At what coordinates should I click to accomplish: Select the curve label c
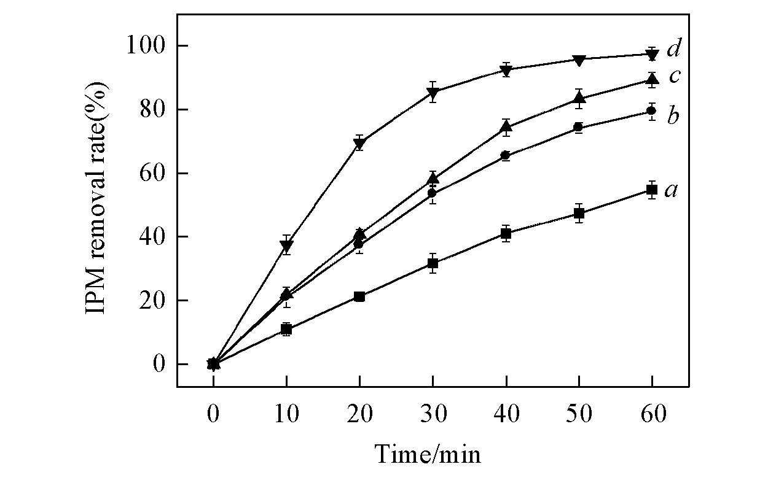coord(673,77)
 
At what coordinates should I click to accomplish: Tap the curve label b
coord(673,115)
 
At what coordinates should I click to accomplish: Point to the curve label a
coord(672,190)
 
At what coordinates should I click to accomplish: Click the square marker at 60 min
coord(652,190)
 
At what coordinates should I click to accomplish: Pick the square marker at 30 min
coord(433,263)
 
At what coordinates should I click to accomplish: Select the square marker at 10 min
coord(286,330)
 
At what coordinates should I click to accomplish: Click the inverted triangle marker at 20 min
coord(359,144)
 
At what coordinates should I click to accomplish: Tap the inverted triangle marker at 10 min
coord(286,245)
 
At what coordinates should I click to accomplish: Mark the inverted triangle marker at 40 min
coord(506,70)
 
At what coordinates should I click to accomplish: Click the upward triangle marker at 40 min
coord(506,127)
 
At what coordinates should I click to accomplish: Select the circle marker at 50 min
coord(579,128)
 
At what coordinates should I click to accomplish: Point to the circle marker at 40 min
coord(506,155)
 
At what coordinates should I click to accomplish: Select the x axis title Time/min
coord(428,454)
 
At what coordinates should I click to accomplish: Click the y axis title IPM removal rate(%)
coord(97,204)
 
